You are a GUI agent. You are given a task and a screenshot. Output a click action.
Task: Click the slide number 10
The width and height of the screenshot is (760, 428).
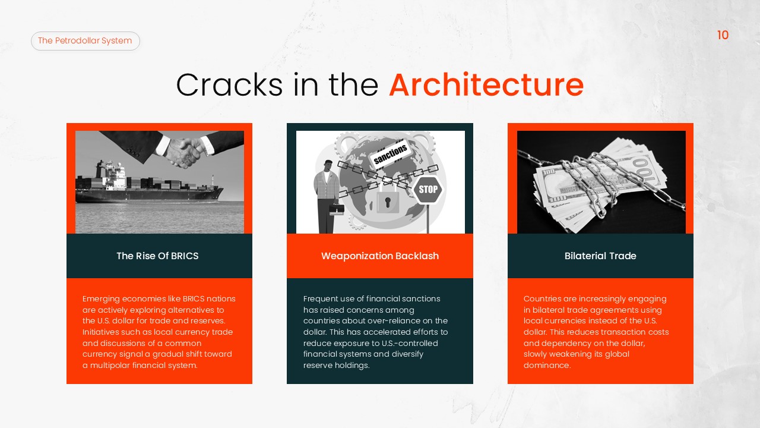pyautogui.click(x=723, y=35)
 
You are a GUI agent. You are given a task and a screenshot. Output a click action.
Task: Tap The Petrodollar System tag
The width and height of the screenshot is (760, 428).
pyautogui.click(x=85, y=41)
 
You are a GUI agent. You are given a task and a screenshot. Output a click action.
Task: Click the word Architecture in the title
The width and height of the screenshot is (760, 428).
pyautogui.click(x=486, y=84)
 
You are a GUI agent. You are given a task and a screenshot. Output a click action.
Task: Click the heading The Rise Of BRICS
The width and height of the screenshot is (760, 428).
pyautogui.click(x=157, y=256)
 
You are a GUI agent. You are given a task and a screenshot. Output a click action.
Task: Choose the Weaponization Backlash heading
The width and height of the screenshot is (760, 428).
pyautogui.click(x=380, y=256)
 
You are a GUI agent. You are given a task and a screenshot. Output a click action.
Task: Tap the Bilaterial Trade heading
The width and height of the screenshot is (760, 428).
pyautogui.click(x=600, y=256)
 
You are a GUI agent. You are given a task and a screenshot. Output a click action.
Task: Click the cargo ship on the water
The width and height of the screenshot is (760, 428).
pyautogui.click(x=148, y=184)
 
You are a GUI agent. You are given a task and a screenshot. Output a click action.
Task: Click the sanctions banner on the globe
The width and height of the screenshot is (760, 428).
pyautogui.click(x=391, y=154)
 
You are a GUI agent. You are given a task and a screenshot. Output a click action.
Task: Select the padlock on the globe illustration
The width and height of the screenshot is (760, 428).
pyautogui.click(x=387, y=201)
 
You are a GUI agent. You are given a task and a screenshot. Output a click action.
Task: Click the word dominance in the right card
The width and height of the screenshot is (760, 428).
pyautogui.click(x=546, y=365)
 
